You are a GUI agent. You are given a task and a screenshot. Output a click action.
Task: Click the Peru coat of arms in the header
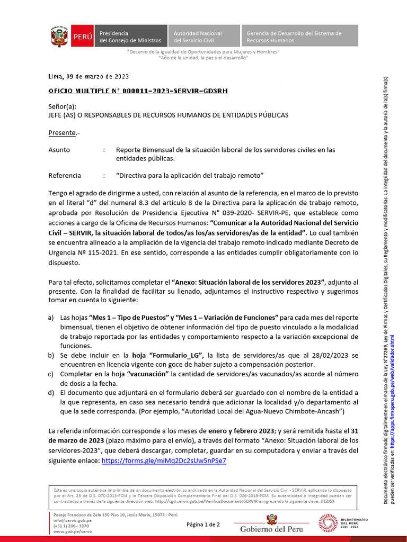(60, 37)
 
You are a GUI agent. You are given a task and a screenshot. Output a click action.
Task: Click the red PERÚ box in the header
(83, 37)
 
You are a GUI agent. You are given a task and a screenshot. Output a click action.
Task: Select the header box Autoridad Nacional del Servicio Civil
(204, 37)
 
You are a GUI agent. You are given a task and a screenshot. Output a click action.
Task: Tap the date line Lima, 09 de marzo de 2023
(89, 76)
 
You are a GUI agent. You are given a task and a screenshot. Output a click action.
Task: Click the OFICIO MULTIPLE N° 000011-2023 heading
(138, 91)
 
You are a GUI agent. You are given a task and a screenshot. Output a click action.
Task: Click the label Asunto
(59, 150)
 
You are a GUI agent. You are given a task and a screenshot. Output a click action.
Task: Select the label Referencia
(65, 175)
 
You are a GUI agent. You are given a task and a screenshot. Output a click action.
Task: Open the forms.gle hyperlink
(163, 460)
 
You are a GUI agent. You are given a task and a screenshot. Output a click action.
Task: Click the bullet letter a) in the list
(51, 318)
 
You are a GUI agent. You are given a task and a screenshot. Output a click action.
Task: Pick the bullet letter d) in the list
(51, 392)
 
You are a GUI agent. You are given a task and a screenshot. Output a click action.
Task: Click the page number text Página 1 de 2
(203, 525)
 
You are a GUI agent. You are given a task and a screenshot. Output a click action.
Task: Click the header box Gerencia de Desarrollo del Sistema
(299, 37)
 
